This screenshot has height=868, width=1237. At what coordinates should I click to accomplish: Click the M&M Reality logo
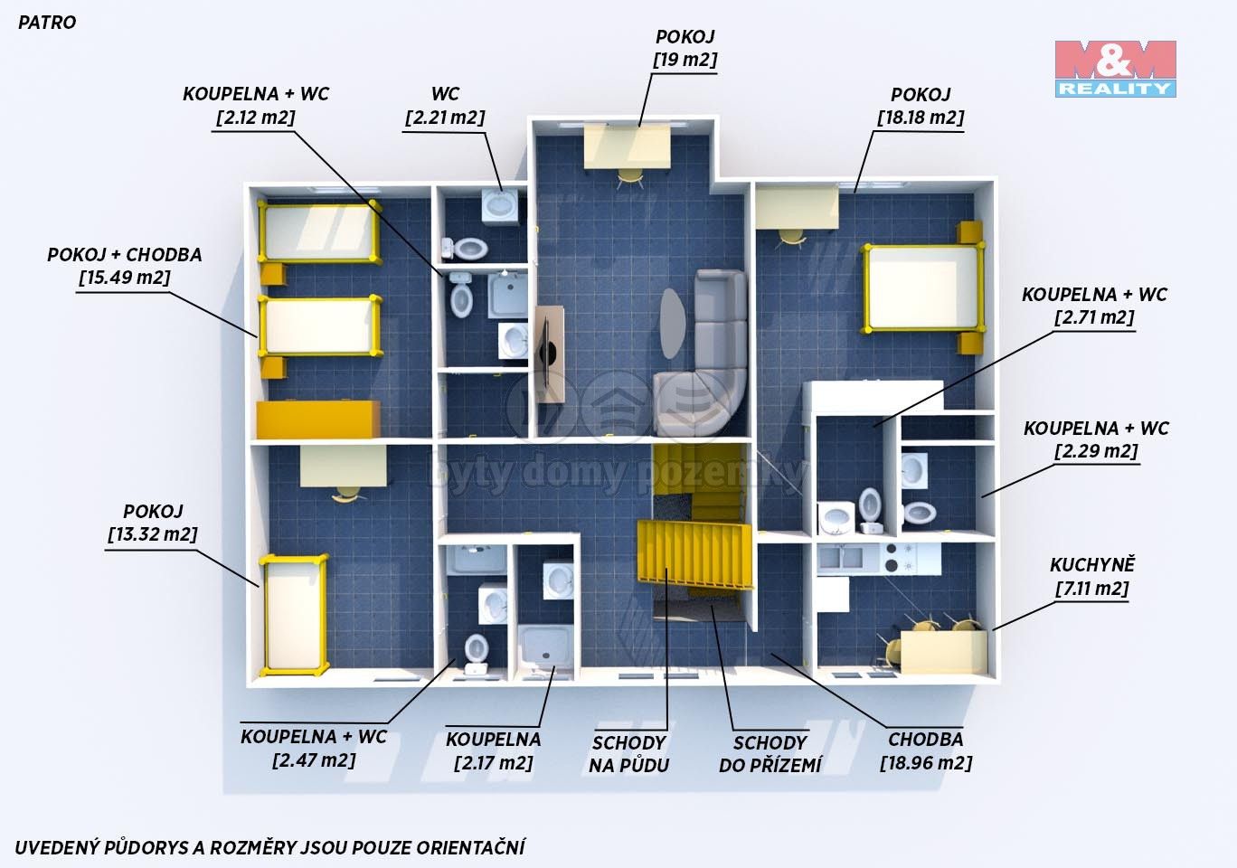coord(1116,69)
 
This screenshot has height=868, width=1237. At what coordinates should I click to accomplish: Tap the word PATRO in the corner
coord(47,23)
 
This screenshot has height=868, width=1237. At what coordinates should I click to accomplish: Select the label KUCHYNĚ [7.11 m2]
coord(1091,577)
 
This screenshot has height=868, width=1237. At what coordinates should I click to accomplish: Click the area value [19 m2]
coord(685,60)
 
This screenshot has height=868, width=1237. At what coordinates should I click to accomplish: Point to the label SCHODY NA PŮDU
coord(629,754)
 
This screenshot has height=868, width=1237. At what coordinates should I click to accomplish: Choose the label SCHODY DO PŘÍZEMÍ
coord(770,754)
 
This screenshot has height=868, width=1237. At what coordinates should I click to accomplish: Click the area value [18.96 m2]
coord(926,763)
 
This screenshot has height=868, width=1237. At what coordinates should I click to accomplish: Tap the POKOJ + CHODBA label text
coord(125,255)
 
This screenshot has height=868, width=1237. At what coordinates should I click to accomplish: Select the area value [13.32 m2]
coord(153,534)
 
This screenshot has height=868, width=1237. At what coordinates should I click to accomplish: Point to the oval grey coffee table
coord(673,324)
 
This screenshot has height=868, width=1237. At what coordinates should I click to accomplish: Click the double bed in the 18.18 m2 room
coord(923,288)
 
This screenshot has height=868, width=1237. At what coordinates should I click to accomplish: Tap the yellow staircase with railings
coord(695,555)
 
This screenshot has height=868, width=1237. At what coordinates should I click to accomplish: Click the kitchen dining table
coord(943,653)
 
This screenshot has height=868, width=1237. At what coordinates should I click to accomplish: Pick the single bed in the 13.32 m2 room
coord(295,616)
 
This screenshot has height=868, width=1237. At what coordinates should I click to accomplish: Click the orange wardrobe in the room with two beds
coord(318,420)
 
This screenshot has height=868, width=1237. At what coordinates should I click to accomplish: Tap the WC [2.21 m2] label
coord(445,106)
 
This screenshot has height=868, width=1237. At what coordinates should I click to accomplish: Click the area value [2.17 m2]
coord(494,763)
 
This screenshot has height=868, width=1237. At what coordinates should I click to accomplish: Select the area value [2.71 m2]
coord(1094,317)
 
